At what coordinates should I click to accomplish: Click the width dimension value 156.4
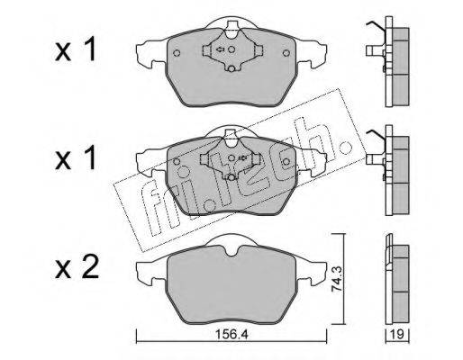232,334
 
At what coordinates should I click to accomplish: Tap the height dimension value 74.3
337,281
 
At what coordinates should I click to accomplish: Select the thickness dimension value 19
397,334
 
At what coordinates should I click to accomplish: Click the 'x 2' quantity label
77,267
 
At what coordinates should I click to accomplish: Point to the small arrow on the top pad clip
220,49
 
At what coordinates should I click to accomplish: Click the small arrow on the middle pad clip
242,157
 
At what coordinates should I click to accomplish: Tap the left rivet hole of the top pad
177,53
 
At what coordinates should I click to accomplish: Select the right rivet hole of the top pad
286,53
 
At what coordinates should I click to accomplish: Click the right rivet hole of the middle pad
286,162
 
